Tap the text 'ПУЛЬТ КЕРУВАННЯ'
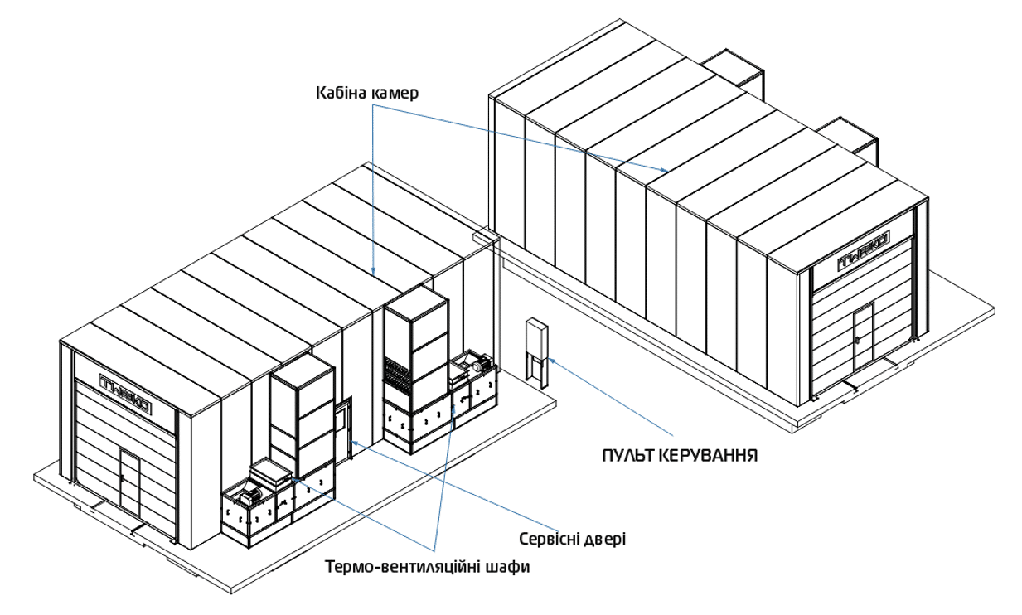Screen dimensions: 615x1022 pyautogui.click(x=680, y=455)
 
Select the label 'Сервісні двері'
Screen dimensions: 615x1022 pyautogui.click(x=571, y=539)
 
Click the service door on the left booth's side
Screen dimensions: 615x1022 pyautogui.click(x=344, y=423)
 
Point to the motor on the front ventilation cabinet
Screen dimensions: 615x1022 pyautogui.click(x=249, y=498)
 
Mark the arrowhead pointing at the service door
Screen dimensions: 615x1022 pyautogui.click(x=355, y=443)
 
